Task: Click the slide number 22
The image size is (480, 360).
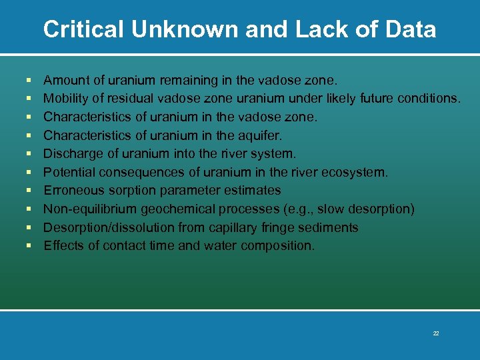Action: point(435,333)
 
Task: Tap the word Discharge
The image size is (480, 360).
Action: point(72,154)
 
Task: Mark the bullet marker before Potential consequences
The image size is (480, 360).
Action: point(29,172)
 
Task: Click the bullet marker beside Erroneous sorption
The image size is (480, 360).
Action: point(29,191)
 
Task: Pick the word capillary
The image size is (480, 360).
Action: point(233,227)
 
